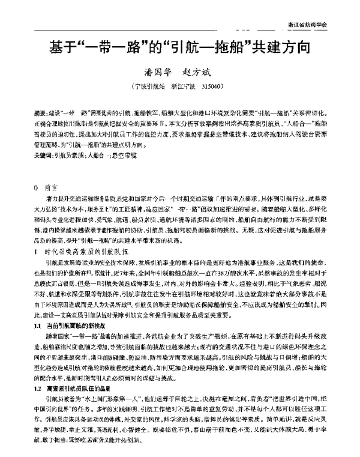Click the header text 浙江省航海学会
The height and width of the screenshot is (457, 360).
(x=308, y=26)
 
